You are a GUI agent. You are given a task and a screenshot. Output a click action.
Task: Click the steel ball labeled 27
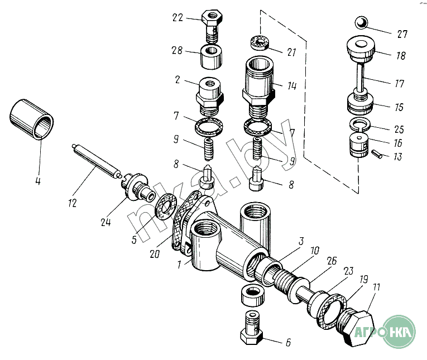tap(361, 22)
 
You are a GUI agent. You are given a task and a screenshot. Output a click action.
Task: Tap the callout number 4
tap(38, 181)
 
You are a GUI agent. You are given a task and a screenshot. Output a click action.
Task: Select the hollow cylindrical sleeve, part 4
tap(32, 119)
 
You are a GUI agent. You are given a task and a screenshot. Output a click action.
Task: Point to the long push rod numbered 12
tap(97, 161)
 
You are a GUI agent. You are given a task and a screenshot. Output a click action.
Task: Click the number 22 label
tap(177, 18)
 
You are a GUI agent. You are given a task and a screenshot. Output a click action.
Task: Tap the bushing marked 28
tap(212, 57)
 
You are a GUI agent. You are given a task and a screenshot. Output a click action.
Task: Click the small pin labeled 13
tap(377, 153)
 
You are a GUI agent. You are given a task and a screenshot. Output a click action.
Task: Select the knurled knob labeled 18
tap(361, 49)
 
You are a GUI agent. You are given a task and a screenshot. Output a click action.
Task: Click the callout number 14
tap(292, 86)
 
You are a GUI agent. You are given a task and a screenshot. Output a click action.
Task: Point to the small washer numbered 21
tap(260, 44)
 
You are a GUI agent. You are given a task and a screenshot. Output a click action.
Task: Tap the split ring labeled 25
tap(359, 124)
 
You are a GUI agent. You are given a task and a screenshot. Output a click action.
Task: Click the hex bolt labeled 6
tap(251, 328)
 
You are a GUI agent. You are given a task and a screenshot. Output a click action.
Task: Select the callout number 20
tap(155, 254)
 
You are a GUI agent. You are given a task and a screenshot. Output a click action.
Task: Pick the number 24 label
tap(105, 222)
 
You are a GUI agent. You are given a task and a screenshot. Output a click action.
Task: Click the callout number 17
tap(399, 83)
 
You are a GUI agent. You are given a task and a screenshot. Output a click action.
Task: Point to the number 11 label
tap(376, 287)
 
